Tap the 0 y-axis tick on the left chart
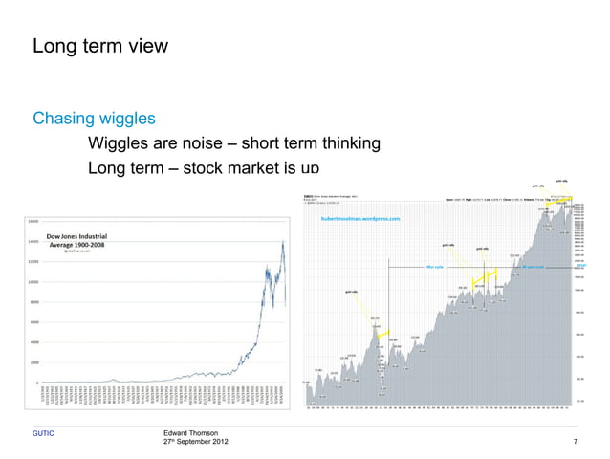[x=35, y=383]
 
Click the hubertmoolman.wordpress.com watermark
[x=358, y=219]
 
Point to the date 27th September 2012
[x=197, y=443]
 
